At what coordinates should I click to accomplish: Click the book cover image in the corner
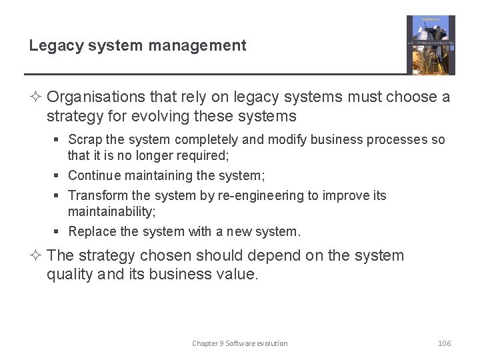pos(431,45)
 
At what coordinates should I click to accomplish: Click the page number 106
pos(444,343)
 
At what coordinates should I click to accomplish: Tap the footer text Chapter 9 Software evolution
pos(240,343)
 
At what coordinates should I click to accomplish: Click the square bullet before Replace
pos(59,232)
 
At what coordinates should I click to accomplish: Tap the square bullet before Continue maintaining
pos(59,176)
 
